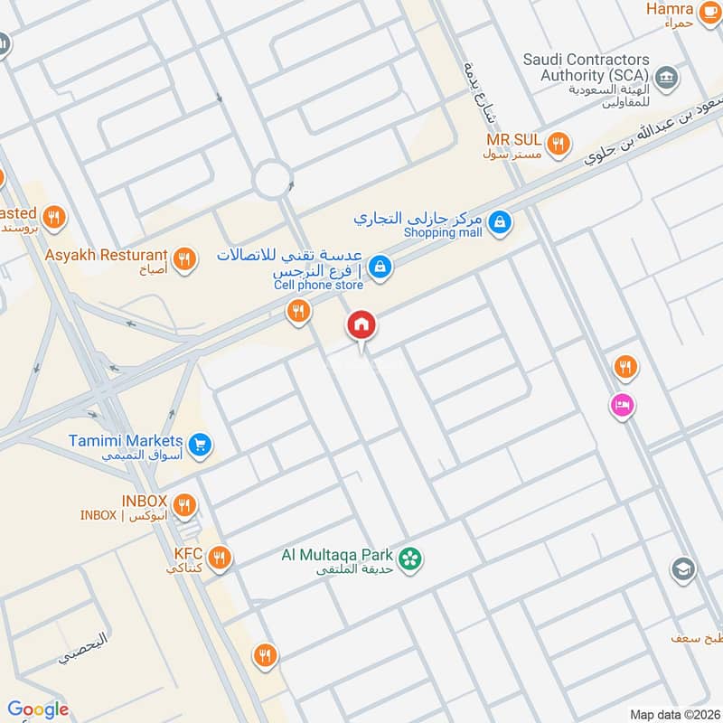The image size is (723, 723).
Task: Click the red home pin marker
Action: [361, 324]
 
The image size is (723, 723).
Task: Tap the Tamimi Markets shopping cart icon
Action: [201, 443]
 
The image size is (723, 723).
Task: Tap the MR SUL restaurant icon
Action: [559, 142]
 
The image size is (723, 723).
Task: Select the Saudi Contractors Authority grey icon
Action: [667, 78]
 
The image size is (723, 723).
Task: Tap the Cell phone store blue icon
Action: [381, 265]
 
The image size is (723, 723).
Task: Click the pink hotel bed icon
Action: [622, 405]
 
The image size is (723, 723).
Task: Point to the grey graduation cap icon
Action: [682, 569]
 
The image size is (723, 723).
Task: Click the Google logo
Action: [38, 709]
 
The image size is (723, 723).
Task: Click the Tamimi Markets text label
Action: [126, 442]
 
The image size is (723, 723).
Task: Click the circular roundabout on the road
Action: [272, 179]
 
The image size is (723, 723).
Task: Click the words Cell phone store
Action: [319, 286]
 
